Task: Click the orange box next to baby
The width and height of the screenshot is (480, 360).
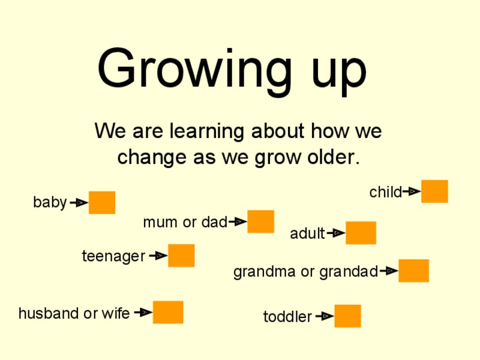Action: [102, 203]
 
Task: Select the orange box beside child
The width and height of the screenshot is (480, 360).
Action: [434, 191]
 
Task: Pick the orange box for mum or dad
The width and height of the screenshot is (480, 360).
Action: [260, 221]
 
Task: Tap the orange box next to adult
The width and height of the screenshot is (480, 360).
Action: [361, 233]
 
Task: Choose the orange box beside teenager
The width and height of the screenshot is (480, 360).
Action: [181, 256]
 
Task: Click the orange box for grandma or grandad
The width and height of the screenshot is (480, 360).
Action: [413, 271]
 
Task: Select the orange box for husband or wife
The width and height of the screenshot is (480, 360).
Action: [168, 312]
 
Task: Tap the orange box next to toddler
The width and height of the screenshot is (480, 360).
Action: [347, 316]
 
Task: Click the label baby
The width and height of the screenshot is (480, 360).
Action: [50, 203]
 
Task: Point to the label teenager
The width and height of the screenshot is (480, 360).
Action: [113, 257]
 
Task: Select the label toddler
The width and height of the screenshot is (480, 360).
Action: [287, 317]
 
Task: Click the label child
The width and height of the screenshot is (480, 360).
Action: [385, 193]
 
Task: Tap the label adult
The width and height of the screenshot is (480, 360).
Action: [307, 233]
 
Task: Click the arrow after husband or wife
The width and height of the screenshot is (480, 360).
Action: [143, 313]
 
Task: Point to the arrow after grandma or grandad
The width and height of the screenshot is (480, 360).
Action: [389, 271]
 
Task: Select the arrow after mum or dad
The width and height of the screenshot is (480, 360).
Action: [238, 222]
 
